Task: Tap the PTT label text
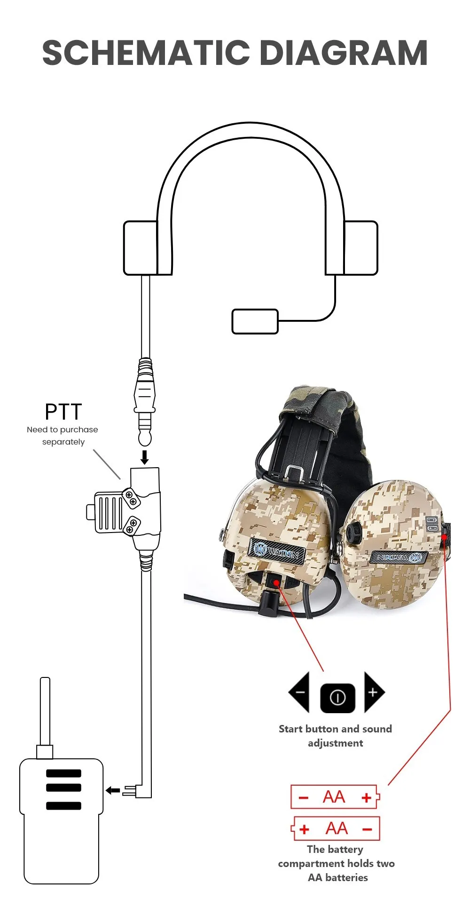tap(63, 412)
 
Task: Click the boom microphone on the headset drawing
tap(255, 321)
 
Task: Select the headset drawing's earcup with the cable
tap(141, 248)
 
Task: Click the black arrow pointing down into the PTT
tap(145, 457)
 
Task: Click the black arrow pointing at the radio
tap(113, 790)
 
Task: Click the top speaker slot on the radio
tap(63, 773)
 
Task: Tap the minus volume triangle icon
tap(299, 692)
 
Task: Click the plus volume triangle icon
tap(374, 692)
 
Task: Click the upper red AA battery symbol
tap(335, 797)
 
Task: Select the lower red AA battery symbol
tap(336, 828)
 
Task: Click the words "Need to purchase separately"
tap(63, 436)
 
